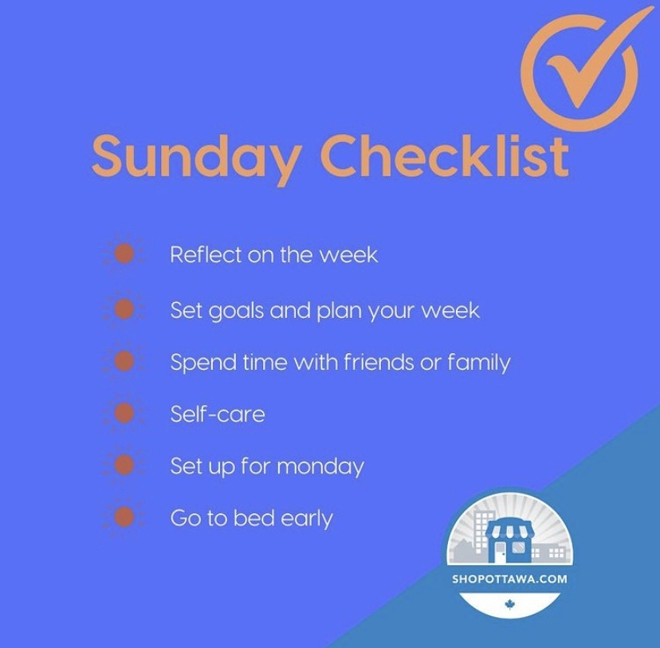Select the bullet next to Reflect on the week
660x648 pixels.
click(x=124, y=254)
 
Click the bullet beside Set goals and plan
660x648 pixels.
click(x=124, y=308)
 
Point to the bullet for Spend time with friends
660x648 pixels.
click(x=124, y=361)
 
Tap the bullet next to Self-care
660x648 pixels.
click(x=124, y=413)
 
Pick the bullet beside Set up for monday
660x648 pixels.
click(x=124, y=465)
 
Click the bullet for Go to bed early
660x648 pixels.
click(x=124, y=517)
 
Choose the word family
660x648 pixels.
click(x=478, y=363)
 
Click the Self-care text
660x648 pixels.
click(x=217, y=414)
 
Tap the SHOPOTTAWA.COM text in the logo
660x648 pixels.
click(x=509, y=579)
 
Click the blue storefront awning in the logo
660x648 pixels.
click(x=509, y=531)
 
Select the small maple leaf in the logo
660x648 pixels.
click(x=509, y=606)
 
